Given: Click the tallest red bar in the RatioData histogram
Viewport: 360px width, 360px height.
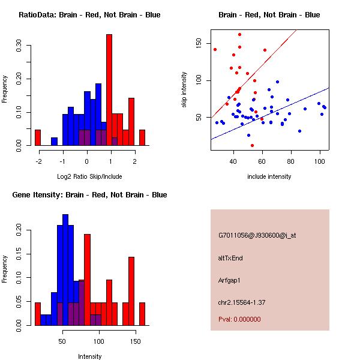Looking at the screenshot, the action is [x=109, y=90].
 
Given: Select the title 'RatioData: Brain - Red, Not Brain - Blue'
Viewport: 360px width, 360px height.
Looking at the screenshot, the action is [x=89, y=15].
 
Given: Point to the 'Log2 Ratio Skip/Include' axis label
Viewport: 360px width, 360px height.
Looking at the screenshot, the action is [x=89, y=176].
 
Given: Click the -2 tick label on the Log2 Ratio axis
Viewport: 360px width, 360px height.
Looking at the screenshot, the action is [x=39, y=161].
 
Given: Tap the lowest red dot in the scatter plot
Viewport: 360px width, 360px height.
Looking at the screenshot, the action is [x=253, y=145].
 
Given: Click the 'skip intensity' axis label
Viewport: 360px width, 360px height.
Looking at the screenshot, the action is [x=184, y=89].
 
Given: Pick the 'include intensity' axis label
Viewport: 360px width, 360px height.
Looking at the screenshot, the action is [x=269, y=176].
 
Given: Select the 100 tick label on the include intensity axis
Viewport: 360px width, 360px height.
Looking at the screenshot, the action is [x=320, y=161].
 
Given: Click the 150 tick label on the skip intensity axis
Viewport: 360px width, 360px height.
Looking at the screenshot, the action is [x=199, y=43].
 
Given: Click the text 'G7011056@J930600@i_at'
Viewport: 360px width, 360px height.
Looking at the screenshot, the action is [x=257, y=236].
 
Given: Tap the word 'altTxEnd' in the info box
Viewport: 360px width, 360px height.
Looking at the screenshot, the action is [x=230, y=258].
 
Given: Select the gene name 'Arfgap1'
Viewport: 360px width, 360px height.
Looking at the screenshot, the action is [x=229, y=280].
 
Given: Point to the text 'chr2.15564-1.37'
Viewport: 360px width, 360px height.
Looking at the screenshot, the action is [x=242, y=302].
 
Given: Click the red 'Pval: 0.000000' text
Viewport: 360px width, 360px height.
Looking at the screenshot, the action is [x=239, y=319].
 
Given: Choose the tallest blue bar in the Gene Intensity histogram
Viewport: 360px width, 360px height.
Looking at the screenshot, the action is [x=65, y=270].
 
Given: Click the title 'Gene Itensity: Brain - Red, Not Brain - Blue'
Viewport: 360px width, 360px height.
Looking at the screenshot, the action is [x=89, y=195].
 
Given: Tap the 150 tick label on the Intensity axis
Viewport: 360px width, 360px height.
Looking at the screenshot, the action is [x=136, y=341].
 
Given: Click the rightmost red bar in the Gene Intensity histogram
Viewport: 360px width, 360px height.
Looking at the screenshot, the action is [x=142, y=314].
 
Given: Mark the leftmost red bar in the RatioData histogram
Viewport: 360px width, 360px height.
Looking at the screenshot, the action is [x=38, y=138].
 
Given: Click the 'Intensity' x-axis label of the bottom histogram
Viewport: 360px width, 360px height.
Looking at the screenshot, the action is [x=89, y=356].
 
